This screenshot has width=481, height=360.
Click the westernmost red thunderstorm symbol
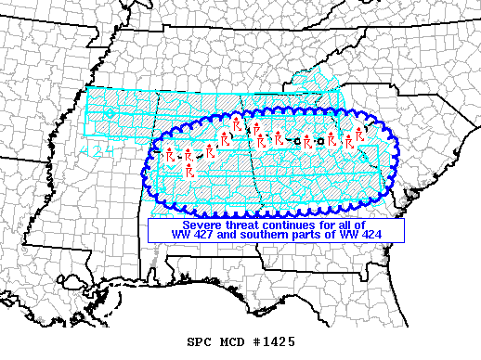tap(169, 156)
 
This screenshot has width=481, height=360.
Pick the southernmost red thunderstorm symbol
tap(188, 172)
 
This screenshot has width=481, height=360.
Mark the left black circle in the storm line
tap(296, 140)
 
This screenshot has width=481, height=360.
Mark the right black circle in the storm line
tap(319, 140)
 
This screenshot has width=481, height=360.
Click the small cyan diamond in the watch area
tap(110, 113)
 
